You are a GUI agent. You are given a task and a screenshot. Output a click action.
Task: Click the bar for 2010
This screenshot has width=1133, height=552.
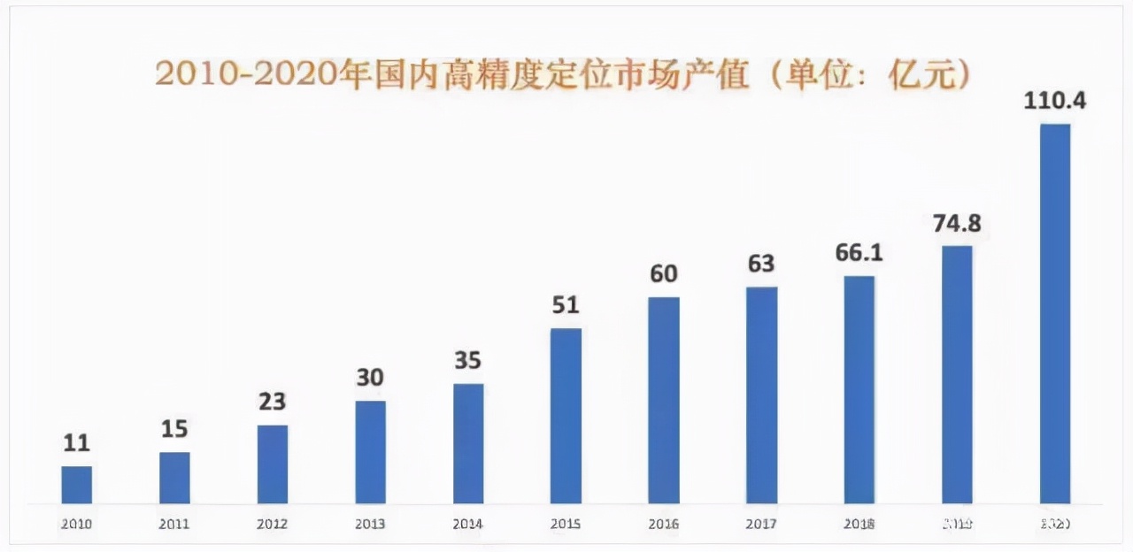pyautogui.click(x=76, y=485)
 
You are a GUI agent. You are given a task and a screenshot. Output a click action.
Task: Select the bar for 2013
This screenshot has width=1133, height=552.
pyautogui.click(x=370, y=452)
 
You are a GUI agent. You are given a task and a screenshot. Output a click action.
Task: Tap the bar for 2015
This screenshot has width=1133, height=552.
pyautogui.click(x=566, y=416)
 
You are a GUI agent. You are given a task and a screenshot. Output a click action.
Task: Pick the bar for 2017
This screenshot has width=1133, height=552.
pyautogui.click(x=761, y=395)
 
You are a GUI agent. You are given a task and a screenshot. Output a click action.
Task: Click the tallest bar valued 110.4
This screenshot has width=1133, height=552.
pyautogui.click(x=1054, y=313)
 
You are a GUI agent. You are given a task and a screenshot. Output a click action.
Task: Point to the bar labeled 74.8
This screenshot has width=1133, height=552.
pyautogui.click(x=957, y=374)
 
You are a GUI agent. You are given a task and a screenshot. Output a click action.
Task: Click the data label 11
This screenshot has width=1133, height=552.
pyautogui.click(x=76, y=443)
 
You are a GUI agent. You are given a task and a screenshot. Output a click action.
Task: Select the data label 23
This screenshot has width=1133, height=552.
pyautogui.click(x=273, y=402)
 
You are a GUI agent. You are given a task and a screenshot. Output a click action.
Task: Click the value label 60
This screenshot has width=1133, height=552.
pyautogui.click(x=663, y=274)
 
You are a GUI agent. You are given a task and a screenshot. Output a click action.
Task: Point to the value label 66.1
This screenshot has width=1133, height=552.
pyautogui.click(x=859, y=253)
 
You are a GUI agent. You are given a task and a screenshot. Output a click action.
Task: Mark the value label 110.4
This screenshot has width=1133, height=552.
pyautogui.click(x=1054, y=101)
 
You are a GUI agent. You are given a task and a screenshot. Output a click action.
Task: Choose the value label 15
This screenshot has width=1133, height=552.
pyautogui.click(x=174, y=429)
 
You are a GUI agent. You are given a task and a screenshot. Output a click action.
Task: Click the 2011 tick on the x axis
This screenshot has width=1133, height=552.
pyautogui.click(x=174, y=524)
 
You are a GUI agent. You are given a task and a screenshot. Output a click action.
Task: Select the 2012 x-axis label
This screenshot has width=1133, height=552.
pyautogui.click(x=273, y=524)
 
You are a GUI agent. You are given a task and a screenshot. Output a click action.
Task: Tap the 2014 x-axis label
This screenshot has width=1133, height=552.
pyautogui.click(x=468, y=524)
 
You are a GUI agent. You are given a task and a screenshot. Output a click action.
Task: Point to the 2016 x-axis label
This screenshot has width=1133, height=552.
pyautogui.click(x=663, y=524)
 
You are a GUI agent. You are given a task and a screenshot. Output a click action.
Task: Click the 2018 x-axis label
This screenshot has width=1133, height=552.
pyautogui.click(x=859, y=524)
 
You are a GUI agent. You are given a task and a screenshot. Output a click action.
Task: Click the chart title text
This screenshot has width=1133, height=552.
pyautogui.click(x=563, y=74)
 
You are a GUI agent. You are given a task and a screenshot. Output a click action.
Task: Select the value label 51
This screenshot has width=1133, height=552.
pyautogui.click(x=566, y=305)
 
